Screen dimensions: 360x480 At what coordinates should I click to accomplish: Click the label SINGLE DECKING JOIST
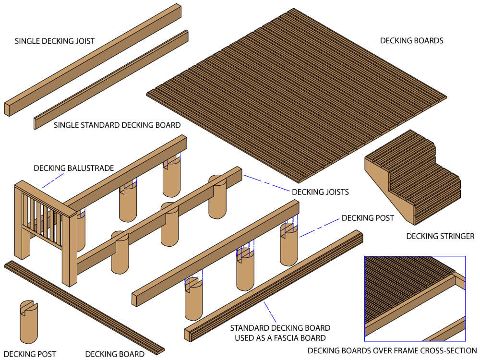click(54, 41)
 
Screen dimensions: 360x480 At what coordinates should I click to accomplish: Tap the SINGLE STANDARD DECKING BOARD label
click(117, 125)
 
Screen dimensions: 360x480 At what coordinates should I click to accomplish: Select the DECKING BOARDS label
click(411, 41)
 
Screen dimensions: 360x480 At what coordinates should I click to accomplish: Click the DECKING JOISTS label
click(320, 192)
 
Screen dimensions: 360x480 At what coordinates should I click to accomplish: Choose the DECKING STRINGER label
click(440, 236)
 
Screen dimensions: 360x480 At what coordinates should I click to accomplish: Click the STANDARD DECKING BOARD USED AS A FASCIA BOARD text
click(280, 333)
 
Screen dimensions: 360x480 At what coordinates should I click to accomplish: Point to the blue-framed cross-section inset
click(415, 298)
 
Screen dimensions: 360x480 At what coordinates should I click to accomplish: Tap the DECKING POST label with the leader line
click(368, 218)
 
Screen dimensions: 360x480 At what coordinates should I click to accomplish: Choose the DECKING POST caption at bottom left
click(30, 354)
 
